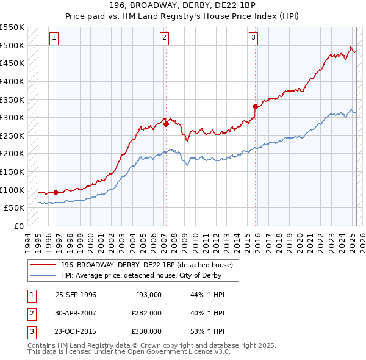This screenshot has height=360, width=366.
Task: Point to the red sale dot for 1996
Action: click(x=56, y=192)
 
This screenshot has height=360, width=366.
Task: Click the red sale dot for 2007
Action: click(x=166, y=124)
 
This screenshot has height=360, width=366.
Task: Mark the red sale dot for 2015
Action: click(x=255, y=106)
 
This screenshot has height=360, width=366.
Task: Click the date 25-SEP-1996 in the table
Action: click(x=76, y=295)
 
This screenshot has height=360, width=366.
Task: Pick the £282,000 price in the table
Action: click(x=146, y=313)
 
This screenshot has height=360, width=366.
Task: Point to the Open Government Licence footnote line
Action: click(x=129, y=352)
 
